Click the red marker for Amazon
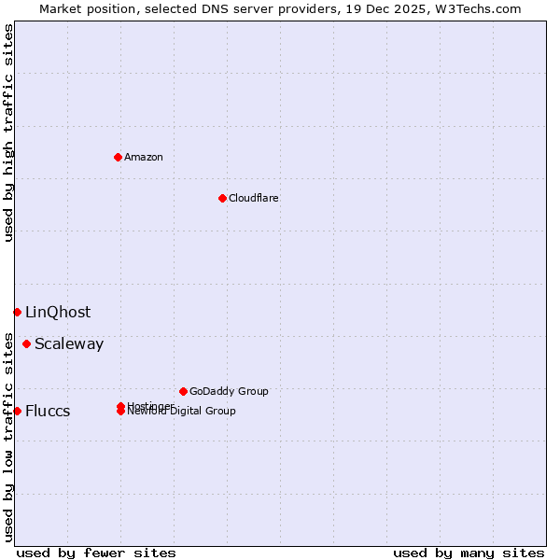tap(118, 157)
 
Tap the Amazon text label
tap(144, 157)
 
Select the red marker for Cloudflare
tap(222, 198)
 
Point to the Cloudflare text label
tap(254, 198)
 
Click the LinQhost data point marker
tap(17, 312)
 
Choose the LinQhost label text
tap(58, 313)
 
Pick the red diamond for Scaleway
tap(26, 343)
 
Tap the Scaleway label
tap(69, 344)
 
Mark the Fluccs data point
tap(17, 411)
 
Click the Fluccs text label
tap(48, 412)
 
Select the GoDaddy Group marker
tap(183, 391)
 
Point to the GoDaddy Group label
tap(229, 391)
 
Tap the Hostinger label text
tap(149, 405)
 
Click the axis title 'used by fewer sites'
tap(96, 553)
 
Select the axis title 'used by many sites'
tap(469, 553)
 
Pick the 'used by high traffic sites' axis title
tap(9, 133)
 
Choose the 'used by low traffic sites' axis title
tap(9, 437)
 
